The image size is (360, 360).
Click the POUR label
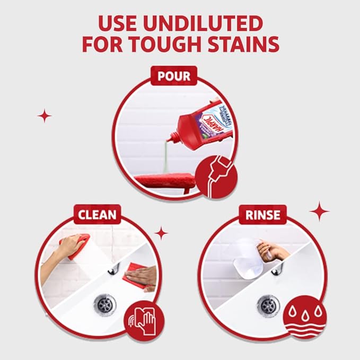173,76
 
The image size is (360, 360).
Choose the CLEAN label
97,215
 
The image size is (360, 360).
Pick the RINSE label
262,215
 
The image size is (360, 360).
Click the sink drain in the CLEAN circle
105,304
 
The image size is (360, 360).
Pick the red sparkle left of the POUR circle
45,115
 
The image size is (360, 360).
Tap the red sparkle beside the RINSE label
319,211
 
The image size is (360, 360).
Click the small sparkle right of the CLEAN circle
161,232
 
